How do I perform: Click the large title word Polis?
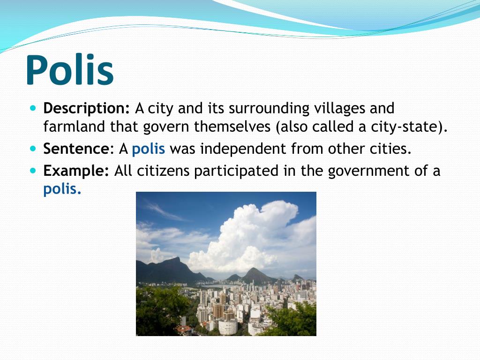[x=70, y=70]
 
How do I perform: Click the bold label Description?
[x=86, y=109]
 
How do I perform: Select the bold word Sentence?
[x=76, y=149]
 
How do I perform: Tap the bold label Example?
[x=76, y=171]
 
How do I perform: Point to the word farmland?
[x=75, y=127]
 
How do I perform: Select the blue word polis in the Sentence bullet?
[x=149, y=149]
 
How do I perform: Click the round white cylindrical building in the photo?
[x=228, y=326]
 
